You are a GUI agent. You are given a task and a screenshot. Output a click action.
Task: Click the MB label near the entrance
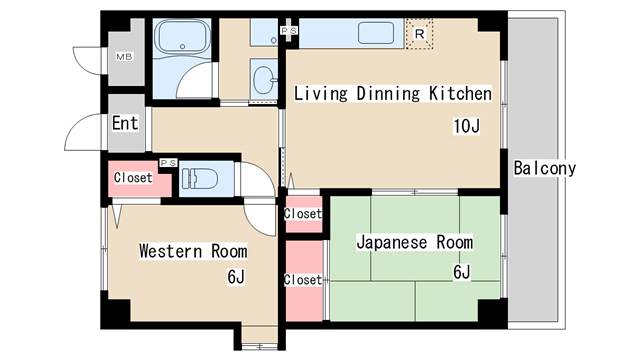pyautogui.click(x=125, y=56)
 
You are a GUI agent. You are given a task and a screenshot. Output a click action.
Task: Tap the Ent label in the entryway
pyautogui.click(x=125, y=124)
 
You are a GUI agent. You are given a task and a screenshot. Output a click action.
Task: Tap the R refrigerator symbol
pyautogui.click(x=420, y=33)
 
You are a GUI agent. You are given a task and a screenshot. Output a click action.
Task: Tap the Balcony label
pyautogui.click(x=545, y=168)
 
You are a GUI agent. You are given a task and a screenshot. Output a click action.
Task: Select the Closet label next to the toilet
pyautogui.click(x=133, y=178)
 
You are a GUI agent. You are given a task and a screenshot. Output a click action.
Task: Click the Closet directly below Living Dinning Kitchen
pyautogui.click(x=303, y=214)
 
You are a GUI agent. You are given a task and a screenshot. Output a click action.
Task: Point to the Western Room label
pyautogui.click(x=193, y=250)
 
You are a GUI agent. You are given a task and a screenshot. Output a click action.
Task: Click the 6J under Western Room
pyautogui.click(x=236, y=277)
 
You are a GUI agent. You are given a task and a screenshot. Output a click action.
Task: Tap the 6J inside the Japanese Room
pyautogui.click(x=461, y=271)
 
